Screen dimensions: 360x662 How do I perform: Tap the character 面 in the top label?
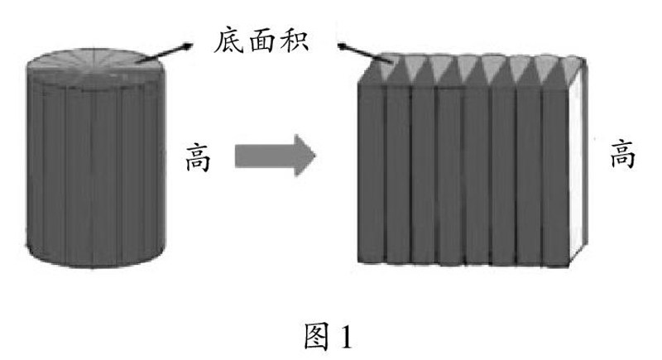(264, 40)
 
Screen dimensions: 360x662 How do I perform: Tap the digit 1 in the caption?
(348, 337)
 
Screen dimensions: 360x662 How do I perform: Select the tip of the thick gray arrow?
(314, 155)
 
